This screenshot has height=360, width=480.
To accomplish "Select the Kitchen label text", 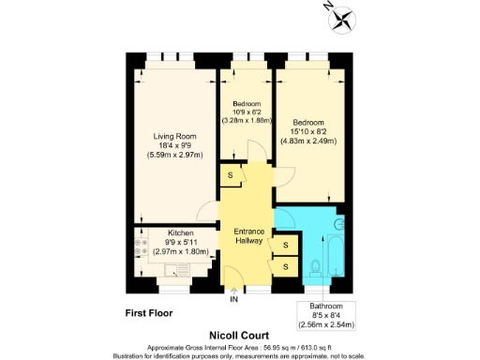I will tap(180, 232).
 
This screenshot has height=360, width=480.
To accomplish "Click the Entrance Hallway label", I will tap(247, 236).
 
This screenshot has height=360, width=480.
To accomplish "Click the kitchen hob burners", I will tap(142, 251).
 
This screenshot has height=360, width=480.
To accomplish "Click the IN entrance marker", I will tap(233, 299).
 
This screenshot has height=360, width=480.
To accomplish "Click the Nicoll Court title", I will tap(239, 333).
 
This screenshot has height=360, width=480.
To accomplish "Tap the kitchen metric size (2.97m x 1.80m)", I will tap(181, 251).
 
